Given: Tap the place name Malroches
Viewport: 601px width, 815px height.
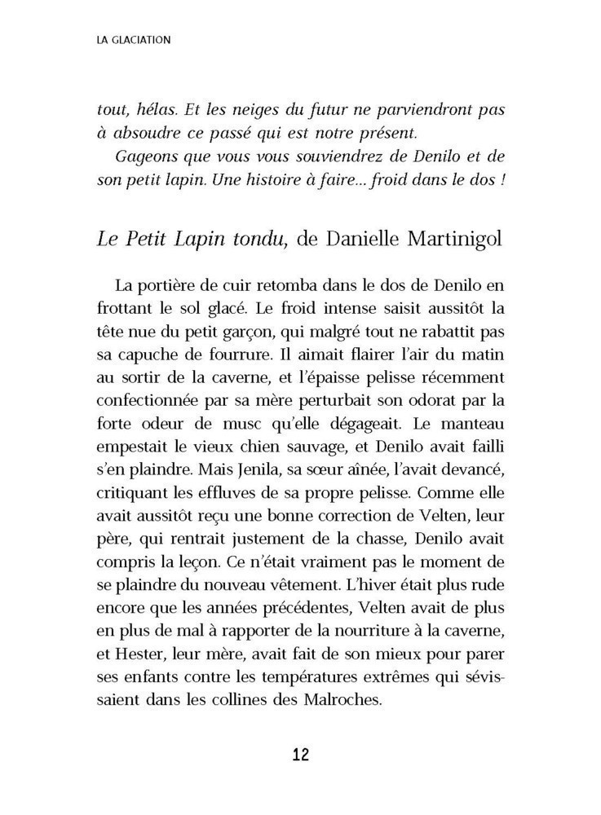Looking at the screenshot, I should tap(343, 699).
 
